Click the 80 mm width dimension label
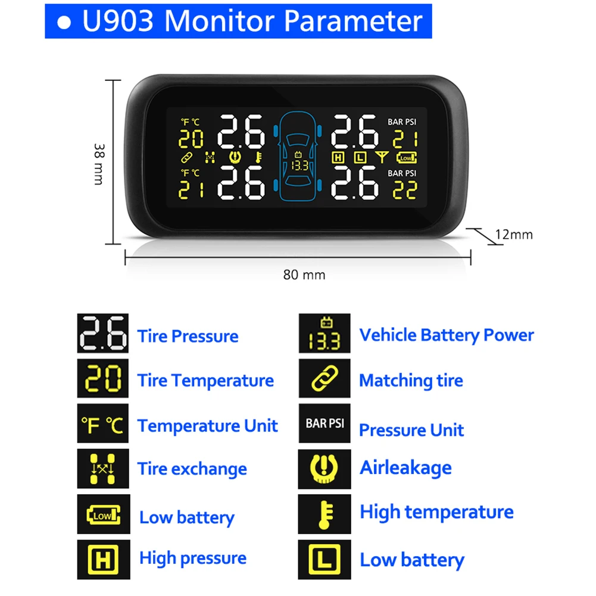304,274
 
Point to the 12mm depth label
514,235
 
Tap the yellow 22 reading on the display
404,190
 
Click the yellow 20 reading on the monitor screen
191,138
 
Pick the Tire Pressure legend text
188,336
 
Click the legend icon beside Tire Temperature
102,378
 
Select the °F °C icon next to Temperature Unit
102,425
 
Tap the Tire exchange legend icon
102,469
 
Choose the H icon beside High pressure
102,560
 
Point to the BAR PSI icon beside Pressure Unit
324,424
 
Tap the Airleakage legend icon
324,469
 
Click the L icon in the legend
324,560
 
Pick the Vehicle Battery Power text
447,335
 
